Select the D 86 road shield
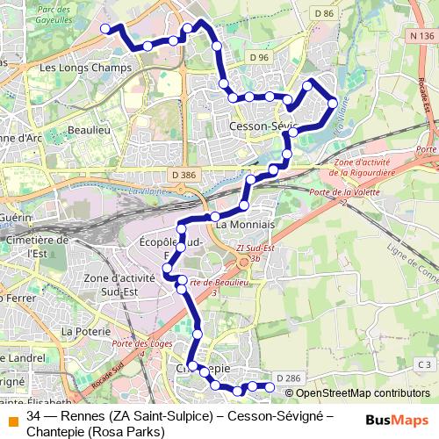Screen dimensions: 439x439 (323, 13)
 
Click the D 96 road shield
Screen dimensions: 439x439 (258, 58)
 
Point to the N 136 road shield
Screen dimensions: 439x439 (421, 36)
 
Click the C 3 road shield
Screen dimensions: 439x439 (425, 364)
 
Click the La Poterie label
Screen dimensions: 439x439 (84, 332)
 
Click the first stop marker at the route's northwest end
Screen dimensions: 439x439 (104, 29)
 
